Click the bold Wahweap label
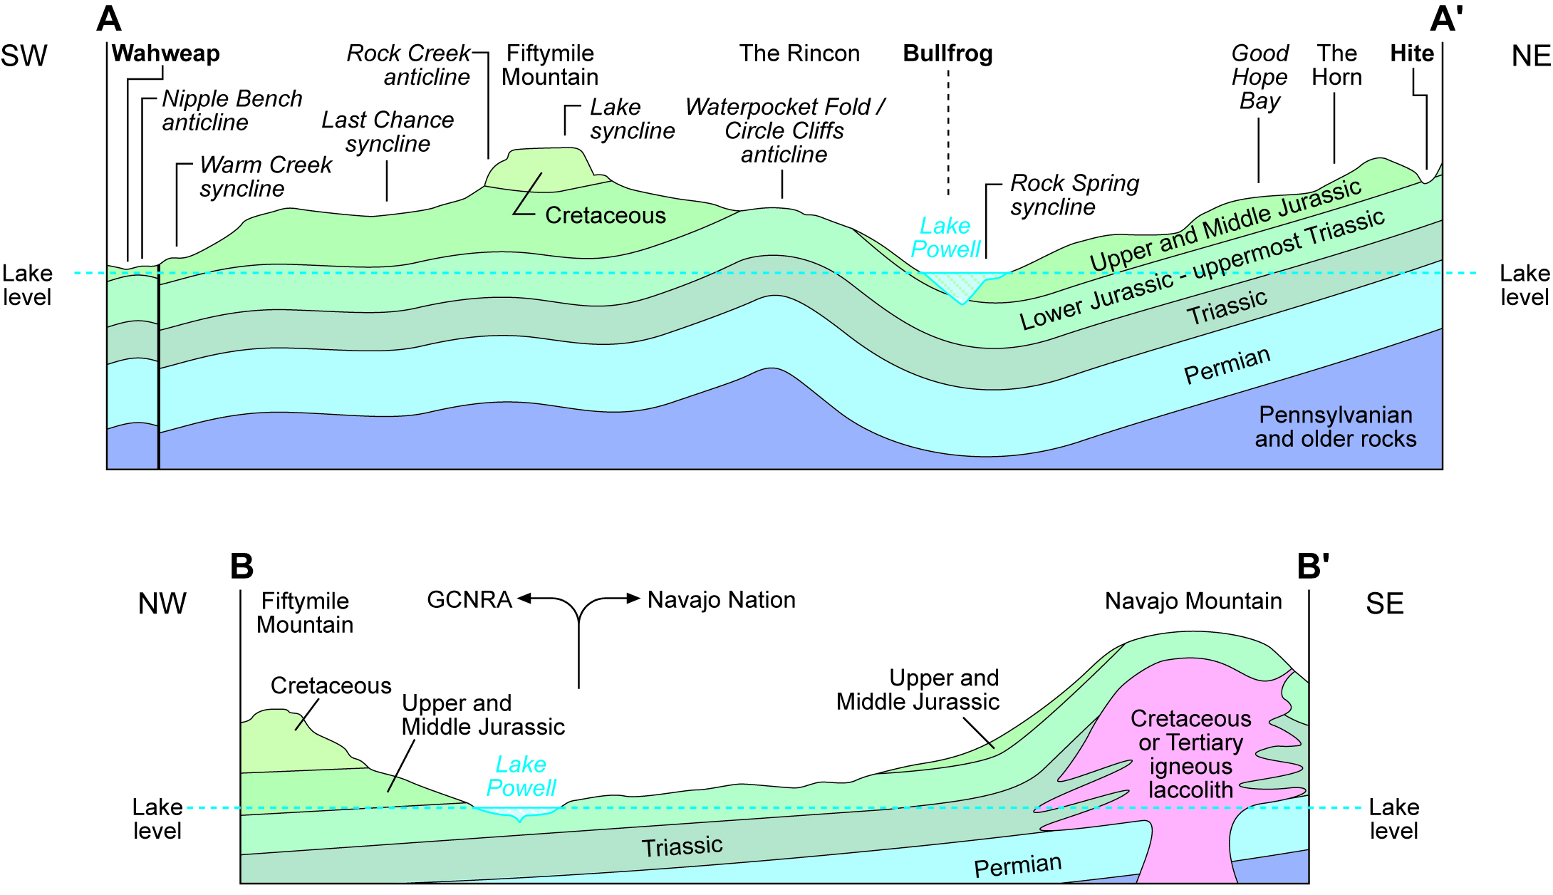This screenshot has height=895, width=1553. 165,53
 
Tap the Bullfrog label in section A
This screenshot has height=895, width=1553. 947,53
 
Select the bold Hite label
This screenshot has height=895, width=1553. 1411,53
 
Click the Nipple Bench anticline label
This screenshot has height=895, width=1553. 232,110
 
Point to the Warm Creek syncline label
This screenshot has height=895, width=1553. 265,177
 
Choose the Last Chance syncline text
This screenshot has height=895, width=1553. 388,132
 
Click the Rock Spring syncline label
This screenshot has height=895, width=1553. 1074,195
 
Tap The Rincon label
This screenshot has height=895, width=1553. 799,53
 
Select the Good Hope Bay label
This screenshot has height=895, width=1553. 1259,77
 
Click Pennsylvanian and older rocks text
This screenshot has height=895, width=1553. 1335,427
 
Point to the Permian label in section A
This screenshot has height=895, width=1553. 1227,366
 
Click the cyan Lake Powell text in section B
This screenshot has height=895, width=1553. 521,776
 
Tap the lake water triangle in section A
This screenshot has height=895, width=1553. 962,285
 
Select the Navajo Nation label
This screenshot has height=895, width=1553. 721,600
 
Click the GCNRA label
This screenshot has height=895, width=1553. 469,600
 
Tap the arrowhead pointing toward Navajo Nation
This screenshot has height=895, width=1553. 633,599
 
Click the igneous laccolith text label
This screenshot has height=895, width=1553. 1190,754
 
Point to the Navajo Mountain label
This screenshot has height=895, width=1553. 1193,601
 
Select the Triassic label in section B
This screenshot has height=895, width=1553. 682,847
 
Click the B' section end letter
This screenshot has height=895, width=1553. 1312,567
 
